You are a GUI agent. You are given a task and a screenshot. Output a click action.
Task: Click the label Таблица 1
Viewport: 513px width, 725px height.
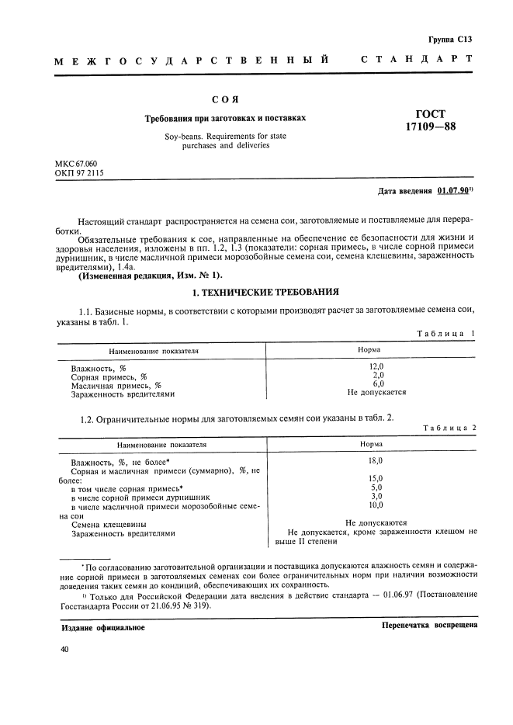click(445, 333)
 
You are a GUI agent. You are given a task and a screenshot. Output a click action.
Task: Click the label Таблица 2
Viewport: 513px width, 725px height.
click(445, 428)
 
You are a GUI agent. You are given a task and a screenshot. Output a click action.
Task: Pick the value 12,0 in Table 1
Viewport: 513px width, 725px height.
click(376, 366)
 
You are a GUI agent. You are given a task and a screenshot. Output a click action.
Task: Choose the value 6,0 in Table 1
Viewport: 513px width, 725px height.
click(378, 383)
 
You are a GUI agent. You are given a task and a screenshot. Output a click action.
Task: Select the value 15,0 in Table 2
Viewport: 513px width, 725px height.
click(376, 478)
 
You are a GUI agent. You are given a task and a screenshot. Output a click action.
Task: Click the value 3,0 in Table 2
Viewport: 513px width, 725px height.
click(376, 496)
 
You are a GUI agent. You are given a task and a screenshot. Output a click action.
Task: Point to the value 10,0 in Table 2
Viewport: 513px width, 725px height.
click(376, 505)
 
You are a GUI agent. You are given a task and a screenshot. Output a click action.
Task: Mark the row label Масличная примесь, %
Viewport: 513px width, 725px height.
click(116, 384)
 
